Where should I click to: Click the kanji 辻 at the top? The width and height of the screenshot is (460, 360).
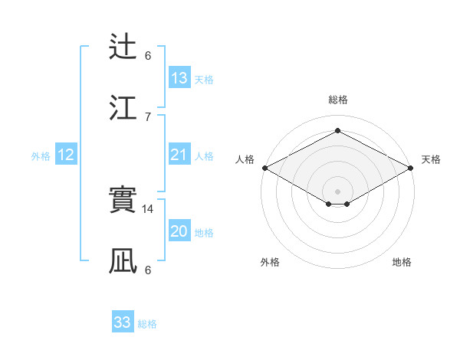[x=123, y=47]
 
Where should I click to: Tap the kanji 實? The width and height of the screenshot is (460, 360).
[x=123, y=201]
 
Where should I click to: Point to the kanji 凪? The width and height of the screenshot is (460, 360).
[x=123, y=261]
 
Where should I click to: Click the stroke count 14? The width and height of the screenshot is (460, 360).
[x=149, y=209]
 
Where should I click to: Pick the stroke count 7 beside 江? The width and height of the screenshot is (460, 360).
[x=148, y=116]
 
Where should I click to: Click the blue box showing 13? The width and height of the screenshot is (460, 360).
[x=179, y=78]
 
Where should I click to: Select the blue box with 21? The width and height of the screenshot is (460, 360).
[x=179, y=155]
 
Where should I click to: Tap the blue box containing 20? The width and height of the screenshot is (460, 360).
[x=179, y=232]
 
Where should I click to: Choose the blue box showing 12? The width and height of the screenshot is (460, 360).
[x=66, y=155]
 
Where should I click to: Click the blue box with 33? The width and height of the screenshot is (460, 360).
[x=123, y=322]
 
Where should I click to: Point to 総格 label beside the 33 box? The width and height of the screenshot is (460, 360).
[x=148, y=324]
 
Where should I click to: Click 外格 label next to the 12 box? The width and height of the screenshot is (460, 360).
[x=41, y=156]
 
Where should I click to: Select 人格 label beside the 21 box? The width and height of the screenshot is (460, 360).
[x=204, y=156]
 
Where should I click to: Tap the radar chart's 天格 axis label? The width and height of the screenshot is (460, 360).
[x=431, y=159]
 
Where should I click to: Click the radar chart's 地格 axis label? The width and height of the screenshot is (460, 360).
[x=402, y=262]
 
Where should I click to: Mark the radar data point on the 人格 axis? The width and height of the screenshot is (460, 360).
[x=264, y=168]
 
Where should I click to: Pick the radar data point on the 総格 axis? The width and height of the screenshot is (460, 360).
[x=337, y=130]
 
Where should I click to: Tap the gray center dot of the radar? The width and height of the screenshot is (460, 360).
[x=337, y=191]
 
